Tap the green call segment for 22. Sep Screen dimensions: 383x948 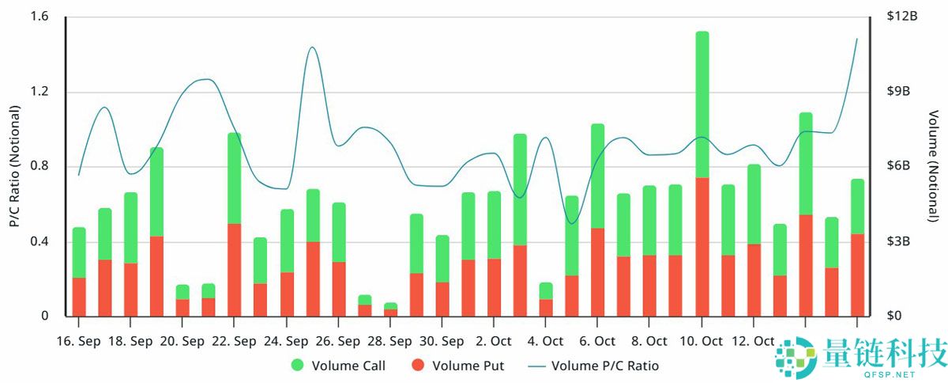click(x=235, y=178)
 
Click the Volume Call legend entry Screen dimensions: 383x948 click(x=338, y=366)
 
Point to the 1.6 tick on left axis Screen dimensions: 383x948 click(x=39, y=17)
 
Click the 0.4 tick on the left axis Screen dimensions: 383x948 click(x=39, y=241)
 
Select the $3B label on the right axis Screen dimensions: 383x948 click(x=897, y=241)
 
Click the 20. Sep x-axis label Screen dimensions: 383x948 click(x=182, y=341)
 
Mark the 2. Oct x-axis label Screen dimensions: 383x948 click(x=493, y=341)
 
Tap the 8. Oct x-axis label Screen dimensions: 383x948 click(x=649, y=341)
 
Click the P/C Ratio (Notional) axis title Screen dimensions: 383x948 click(x=14, y=166)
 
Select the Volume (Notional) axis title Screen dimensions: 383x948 click(x=934, y=166)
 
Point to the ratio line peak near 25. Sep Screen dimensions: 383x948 click(x=312, y=47)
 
